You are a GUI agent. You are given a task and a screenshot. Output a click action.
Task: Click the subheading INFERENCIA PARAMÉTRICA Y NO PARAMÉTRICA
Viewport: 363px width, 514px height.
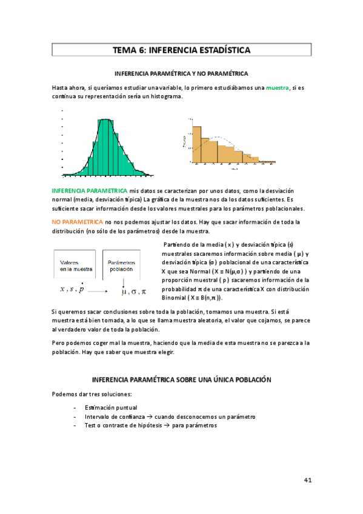[181, 73]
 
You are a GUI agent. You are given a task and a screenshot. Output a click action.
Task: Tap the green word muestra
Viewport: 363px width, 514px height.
[278, 88]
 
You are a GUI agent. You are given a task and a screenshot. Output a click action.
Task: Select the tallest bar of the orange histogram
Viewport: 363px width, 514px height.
[195, 145]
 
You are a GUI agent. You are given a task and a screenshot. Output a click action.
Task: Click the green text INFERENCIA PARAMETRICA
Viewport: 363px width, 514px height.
[89, 190]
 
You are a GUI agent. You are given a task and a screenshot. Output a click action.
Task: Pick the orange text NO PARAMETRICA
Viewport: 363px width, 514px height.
[78, 222]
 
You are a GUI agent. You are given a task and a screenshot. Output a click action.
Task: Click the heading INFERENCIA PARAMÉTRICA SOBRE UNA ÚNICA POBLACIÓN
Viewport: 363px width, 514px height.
[181, 379]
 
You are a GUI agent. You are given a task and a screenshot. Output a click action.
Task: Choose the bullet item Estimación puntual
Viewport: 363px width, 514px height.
[111, 407]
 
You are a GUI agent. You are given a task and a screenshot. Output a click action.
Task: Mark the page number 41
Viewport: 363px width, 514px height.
[307, 480]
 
